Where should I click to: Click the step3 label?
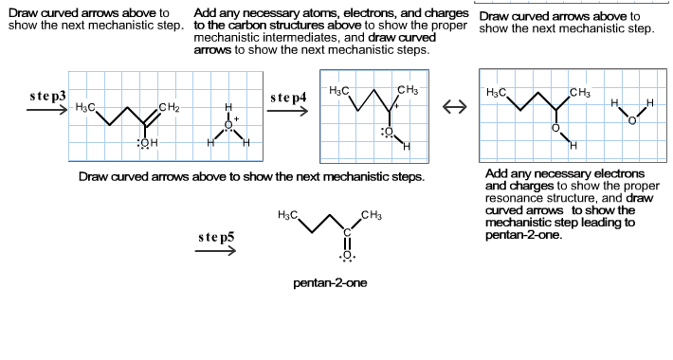point(47,97)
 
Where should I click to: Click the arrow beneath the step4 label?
point(289,111)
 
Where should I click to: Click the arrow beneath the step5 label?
point(215,250)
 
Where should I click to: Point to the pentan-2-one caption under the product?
point(330,282)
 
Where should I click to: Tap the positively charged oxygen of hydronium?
point(227,122)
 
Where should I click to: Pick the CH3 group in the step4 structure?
point(409,91)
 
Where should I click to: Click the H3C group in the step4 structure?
point(337,91)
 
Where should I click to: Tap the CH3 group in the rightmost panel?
point(579,92)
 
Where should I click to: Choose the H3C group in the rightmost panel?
point(496,93)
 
